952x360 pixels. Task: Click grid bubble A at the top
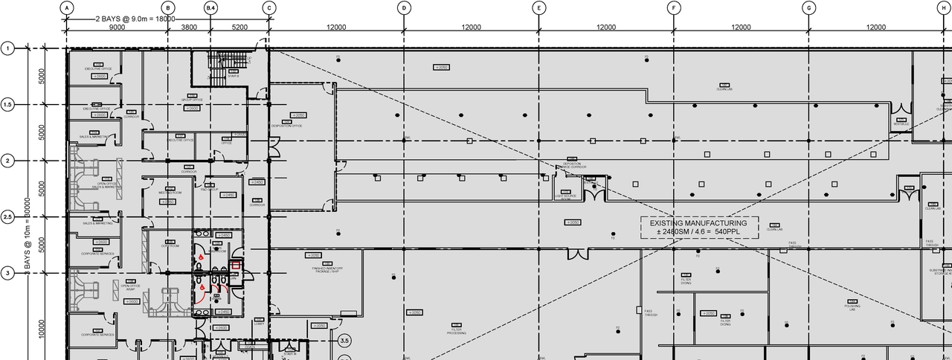(x=67, y=7)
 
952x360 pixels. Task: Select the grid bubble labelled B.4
(x=211, y=7)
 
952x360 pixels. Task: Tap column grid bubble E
(x=539, y=7)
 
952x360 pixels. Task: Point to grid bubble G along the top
(x=809, y=7)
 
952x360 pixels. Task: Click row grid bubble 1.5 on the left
(x=8, y=105)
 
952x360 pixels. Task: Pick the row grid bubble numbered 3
(x=8, y=273)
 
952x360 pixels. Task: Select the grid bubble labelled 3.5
(x=344, y=341)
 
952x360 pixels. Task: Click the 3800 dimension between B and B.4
(x=189, y=27)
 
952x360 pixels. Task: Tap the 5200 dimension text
(x=239, y=27)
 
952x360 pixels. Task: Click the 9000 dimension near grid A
(x=117, y=27)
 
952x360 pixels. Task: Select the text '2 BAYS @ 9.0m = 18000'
(x=135, y=19)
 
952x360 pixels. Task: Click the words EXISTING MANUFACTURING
(x=698, y=223)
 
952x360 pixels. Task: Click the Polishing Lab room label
(x=852, y=306)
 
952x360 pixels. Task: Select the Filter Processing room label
(x=457, y=331)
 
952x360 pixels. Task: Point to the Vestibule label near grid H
(x=901, y=123)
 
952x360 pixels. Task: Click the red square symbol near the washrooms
(x=237, y=265)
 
